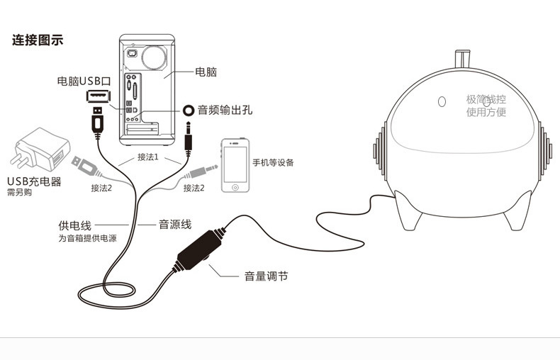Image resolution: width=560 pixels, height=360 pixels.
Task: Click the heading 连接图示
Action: (38, 40)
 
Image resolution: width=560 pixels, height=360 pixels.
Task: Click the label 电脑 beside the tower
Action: (206, 72)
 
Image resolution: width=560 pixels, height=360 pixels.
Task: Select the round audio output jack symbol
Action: (189, 110)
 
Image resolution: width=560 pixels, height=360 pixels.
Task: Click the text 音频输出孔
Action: (225, 110)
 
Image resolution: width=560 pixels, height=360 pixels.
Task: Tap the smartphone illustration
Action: (235, 166)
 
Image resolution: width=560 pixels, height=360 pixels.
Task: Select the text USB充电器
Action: (34, 181)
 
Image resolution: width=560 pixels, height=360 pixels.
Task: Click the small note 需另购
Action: (20, 192)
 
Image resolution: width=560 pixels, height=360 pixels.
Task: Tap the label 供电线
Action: (74, 225)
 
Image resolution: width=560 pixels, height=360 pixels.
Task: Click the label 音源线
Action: (175, 225)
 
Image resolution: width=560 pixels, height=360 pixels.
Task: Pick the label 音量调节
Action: (266, 276)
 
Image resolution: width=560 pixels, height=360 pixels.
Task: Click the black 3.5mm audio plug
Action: (188, 137)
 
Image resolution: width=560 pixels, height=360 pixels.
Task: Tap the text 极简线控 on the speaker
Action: (486, 100)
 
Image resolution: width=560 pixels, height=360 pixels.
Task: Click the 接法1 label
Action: (147, 157)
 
